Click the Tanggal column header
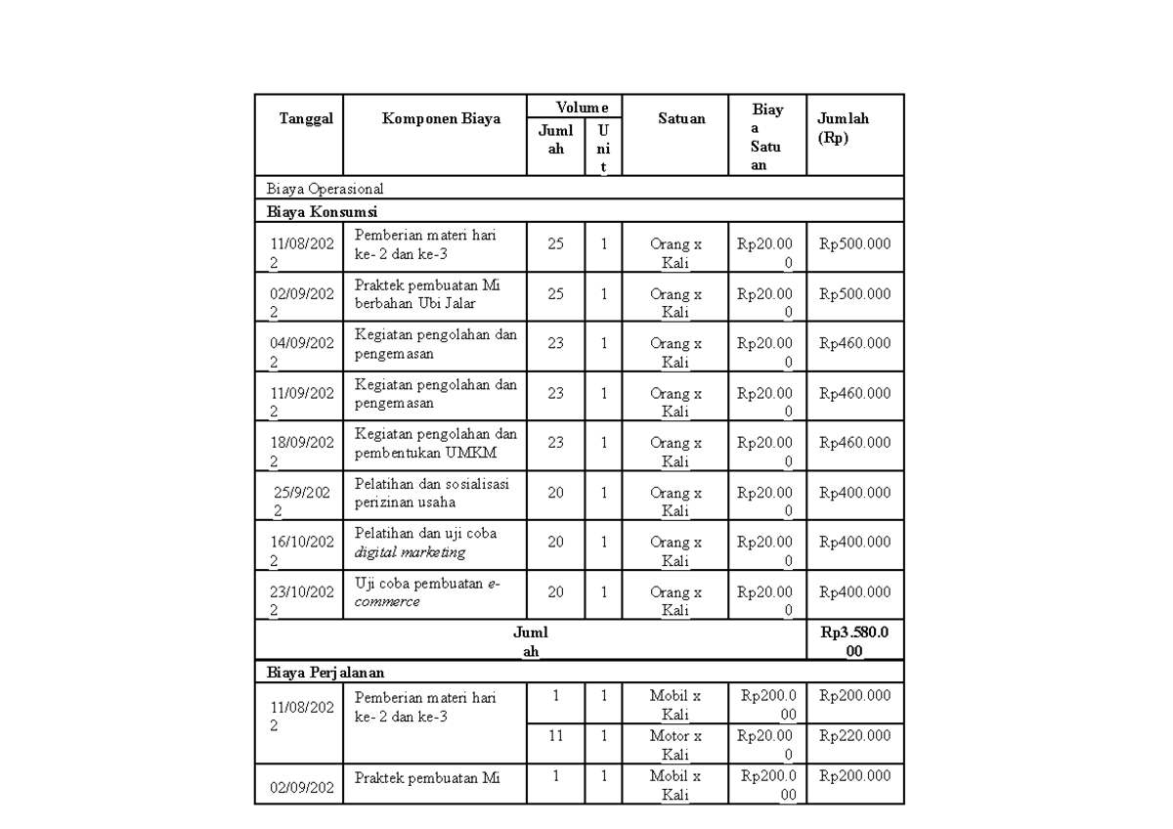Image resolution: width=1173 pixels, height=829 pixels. pyautogui.click(x=306, y=118)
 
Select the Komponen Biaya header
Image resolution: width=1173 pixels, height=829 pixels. pyautogui.click(x=441, y=118)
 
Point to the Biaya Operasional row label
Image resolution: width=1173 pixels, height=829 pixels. pyautogui.click(x=326, y=188)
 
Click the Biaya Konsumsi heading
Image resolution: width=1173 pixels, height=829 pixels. pyautogui.click(x=323, y=211)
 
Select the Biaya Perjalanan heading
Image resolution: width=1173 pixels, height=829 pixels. pyautogui.click(x=326, y=673)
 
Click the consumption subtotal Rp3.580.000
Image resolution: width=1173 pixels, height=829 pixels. pyautogui.click(x=854, y=642)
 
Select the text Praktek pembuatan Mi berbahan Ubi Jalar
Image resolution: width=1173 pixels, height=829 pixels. pyautogui.click(x=427, y=293)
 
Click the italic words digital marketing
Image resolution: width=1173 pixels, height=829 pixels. pyautogui.click(x=410, y=552)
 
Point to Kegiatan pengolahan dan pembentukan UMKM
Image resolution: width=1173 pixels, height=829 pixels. pyautogui.click(x=436, y=443)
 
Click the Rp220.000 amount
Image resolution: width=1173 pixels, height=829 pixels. pyautogui.click(x=854, y=735)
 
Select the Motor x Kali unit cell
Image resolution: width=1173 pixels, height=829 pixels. pyautogui.click(x=675, y=745)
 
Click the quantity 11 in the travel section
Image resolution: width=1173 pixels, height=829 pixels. pyautogui.click(x=555, y=735)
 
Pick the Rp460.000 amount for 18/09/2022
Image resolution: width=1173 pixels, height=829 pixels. pyautogui.click(x=854, y=442)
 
